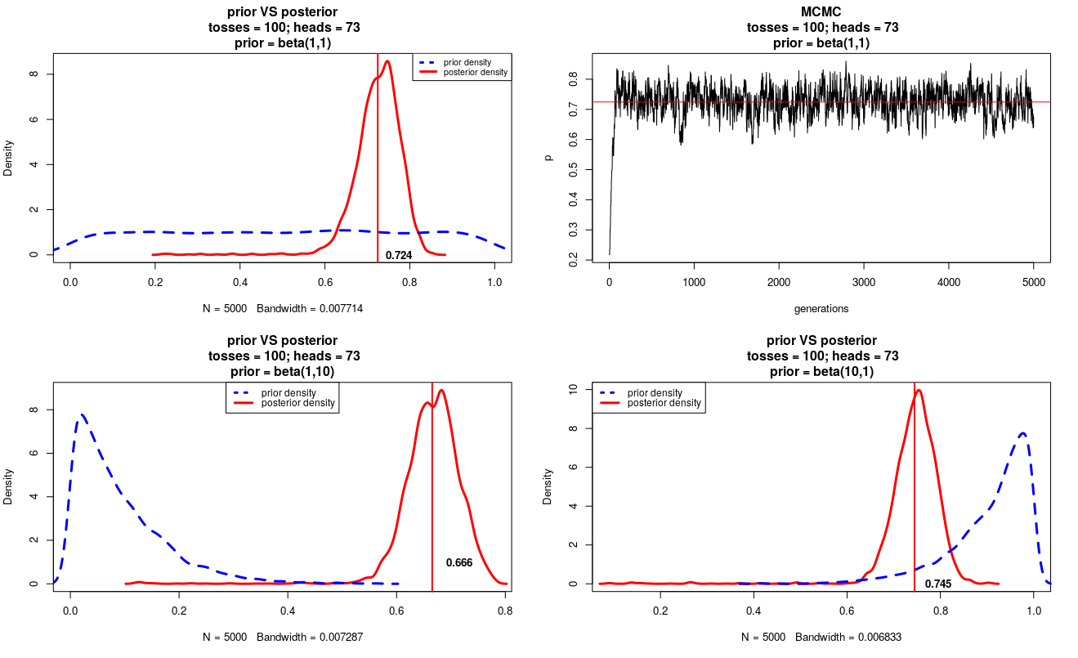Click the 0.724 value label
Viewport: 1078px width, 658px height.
tap(399, 256)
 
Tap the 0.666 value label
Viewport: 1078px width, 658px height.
tap(459, 562)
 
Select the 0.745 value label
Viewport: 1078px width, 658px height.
tap(938, 584)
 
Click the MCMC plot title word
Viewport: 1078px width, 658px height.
tap(822, 11)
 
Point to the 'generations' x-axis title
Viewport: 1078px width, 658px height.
tap(821, 309)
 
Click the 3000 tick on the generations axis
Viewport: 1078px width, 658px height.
tap(864, 282)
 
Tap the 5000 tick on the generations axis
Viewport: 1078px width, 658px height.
tap(1034, 282)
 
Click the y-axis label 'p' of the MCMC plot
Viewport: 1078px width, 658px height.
tap(549, 156)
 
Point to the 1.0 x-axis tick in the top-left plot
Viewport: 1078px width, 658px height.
tap(494, 282)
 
